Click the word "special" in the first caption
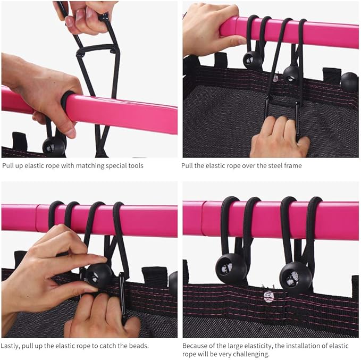point(115,166)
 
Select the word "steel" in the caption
point(272,165)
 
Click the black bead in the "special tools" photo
point(54,146)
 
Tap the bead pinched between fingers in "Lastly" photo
point(98,275)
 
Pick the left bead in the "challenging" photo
point(231,269)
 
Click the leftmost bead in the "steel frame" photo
point(253,60)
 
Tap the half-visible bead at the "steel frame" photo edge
point(350,82)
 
